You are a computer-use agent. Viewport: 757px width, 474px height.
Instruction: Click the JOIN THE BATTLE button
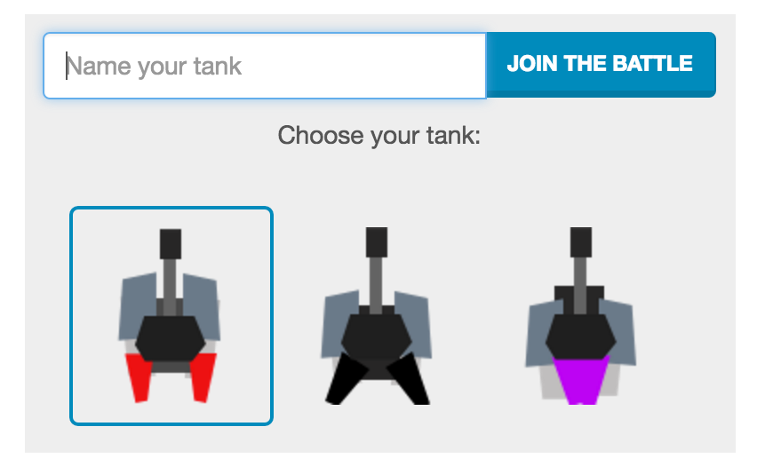601,65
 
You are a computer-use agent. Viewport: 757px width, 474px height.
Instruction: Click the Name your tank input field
265,66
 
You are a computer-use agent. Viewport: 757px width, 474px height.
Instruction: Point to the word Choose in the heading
321,135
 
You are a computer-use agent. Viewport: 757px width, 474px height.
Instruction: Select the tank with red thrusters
171,316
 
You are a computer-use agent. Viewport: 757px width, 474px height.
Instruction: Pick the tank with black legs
377,316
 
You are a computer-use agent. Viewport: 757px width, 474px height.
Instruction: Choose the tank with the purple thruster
581,316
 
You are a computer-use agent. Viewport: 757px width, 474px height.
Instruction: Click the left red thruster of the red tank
139,377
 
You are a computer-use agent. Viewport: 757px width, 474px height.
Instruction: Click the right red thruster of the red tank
203,377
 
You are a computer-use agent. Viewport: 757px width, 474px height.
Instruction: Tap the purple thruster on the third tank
581,380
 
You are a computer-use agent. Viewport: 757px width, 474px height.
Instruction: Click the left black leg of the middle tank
347,379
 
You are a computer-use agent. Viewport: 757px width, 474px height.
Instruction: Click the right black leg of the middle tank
408,379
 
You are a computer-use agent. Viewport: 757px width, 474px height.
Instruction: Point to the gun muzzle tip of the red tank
171,232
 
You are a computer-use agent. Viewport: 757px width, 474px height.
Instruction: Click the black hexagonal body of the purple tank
581,336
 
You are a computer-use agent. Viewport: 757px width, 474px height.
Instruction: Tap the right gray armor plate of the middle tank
413,324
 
